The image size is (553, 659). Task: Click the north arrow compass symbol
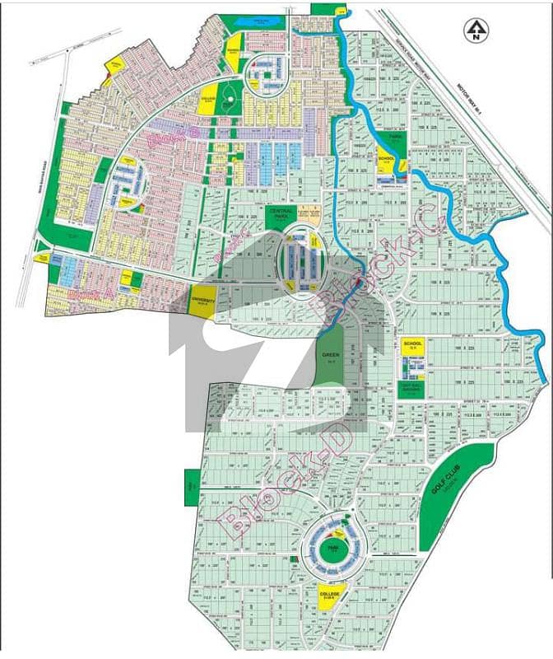coord(475,32)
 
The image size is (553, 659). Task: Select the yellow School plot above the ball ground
coord(412,347)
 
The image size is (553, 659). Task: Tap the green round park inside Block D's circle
coord(330,549)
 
